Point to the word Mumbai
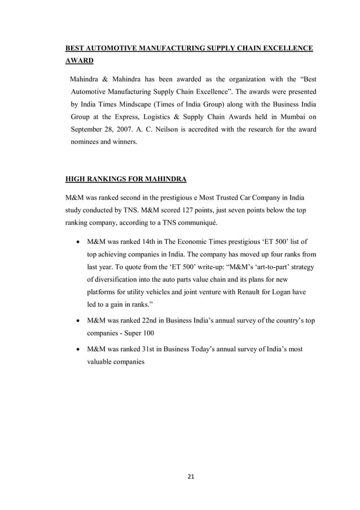point(291,116)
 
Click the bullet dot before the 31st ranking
point(77,350)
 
